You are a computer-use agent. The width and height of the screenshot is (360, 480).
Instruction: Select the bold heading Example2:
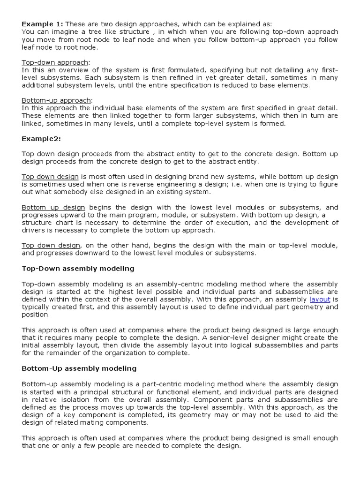(41, 138)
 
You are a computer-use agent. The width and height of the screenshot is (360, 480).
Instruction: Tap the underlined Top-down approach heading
(55, 62)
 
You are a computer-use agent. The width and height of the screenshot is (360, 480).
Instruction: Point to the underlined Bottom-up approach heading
(57, 100)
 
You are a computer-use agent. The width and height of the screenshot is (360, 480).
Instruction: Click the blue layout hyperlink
(320, 299)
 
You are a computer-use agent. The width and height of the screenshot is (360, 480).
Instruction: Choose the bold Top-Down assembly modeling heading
(78, 269)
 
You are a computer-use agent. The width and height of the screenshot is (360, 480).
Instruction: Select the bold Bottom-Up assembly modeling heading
(79, 368)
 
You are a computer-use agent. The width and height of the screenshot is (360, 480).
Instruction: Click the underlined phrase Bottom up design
(53, 207)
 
